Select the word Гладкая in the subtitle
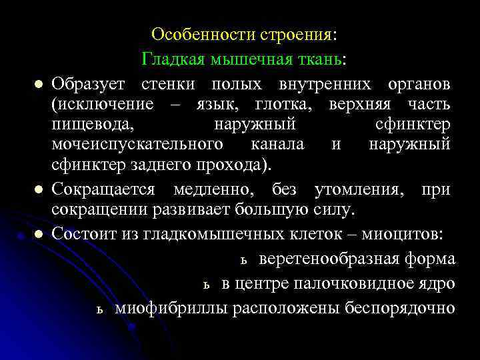[171, 59]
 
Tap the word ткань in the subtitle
[320, 59]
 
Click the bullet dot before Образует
[39, 85]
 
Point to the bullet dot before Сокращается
[39, 191]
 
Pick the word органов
[419, 85]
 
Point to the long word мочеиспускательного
[127, 145]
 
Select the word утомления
[357, 190]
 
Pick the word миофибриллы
[170, 308]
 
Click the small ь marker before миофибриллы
[99, 310]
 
